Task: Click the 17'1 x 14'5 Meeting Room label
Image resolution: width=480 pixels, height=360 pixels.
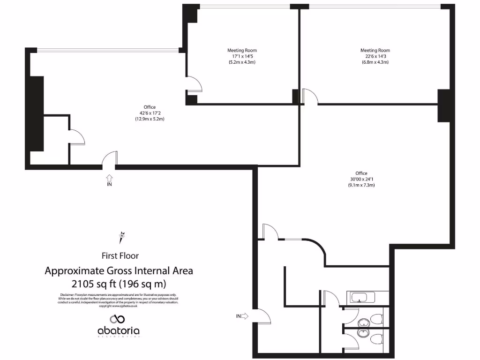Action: click(242, 56)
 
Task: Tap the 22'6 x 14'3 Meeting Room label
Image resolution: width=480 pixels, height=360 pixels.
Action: click(375, 56)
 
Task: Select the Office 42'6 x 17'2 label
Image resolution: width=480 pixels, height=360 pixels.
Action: click(150, 113)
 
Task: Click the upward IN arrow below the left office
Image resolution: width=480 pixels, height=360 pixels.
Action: click(109, 178)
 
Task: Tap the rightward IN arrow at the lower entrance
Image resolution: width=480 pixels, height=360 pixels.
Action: click(244, 316)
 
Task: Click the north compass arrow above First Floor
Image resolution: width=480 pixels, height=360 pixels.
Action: click(123, 237)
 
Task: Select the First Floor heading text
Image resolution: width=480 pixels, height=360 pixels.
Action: click(120, 255)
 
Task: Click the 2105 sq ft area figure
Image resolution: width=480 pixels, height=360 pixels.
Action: click(119, 284)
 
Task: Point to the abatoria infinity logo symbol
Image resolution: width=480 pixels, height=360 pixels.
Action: click(119, 319)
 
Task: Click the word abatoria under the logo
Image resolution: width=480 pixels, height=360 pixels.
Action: click(119, 331)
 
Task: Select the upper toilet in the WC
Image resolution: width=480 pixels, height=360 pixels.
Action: click(375, 320)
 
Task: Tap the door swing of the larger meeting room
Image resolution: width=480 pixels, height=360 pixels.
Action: click(310, 96)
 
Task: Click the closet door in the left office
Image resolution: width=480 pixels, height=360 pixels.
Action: click(76, 136)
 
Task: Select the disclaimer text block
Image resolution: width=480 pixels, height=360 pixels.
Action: click(118, 300)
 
